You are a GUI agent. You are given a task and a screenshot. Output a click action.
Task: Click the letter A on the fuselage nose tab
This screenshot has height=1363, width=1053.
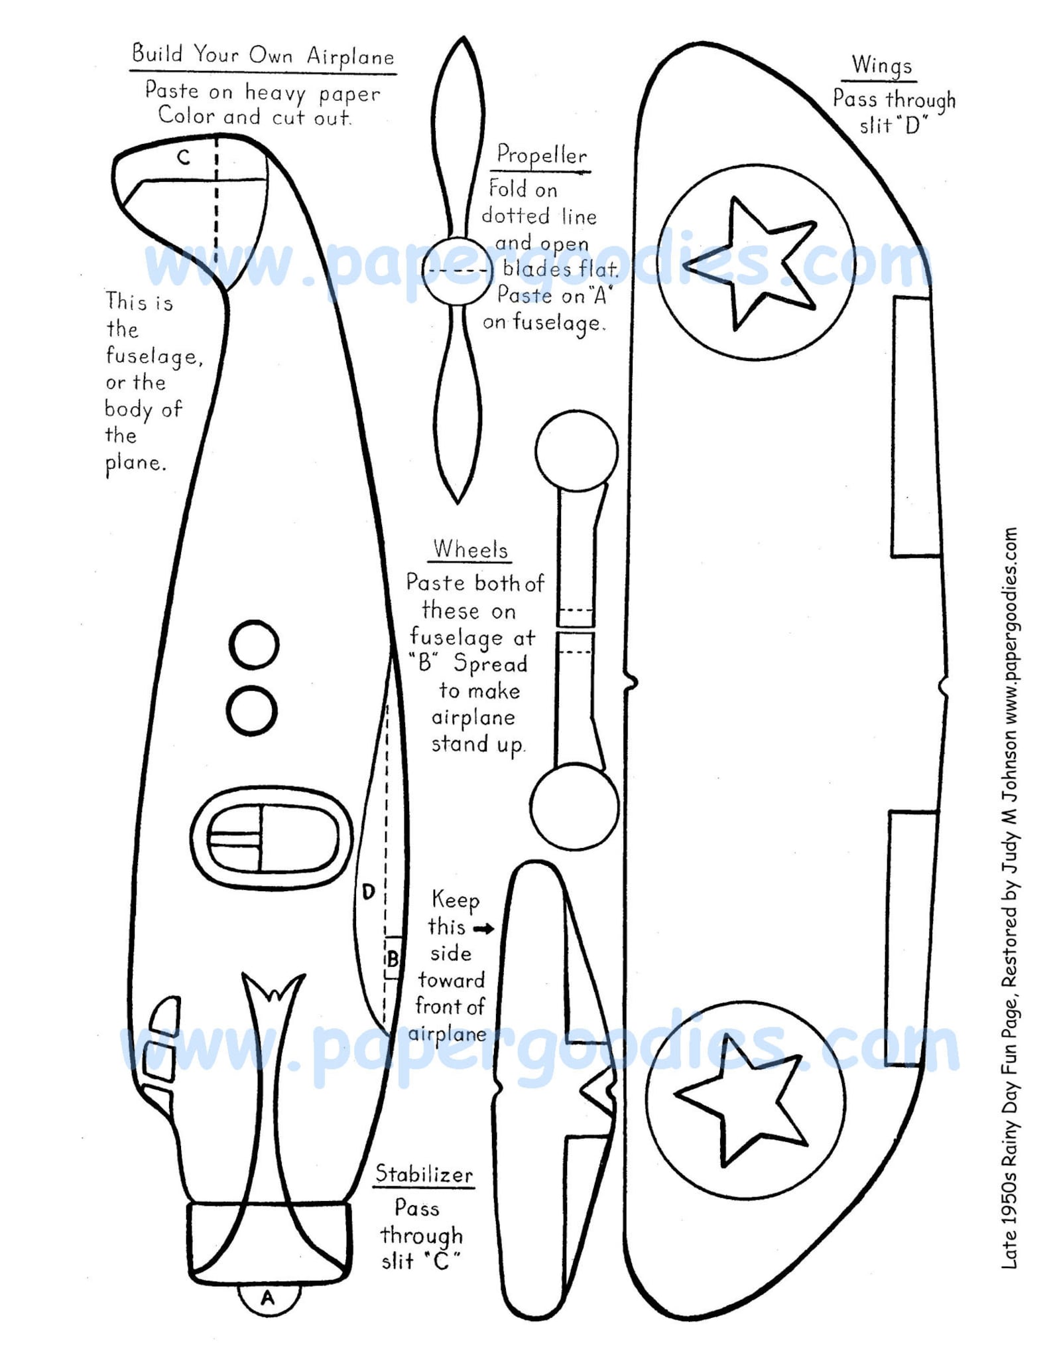268,1297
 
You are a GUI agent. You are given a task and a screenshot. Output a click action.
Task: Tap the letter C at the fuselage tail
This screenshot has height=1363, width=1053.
184,157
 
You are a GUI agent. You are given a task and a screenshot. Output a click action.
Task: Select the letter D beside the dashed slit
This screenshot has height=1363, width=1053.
369,891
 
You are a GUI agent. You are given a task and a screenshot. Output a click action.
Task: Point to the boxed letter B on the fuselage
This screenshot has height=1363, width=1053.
393,958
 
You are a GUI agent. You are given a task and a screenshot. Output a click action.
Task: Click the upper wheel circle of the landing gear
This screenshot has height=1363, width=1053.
576,451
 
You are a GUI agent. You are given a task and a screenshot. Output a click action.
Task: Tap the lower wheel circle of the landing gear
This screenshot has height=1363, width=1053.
574,806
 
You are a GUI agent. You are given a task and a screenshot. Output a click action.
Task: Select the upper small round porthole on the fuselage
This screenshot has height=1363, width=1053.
254,644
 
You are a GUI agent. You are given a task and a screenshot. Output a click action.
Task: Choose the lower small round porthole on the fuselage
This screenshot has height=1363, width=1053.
251,711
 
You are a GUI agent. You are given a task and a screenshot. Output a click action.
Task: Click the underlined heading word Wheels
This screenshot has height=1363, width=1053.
470,549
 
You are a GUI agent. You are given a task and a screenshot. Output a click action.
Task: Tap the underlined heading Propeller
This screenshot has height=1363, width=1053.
542,155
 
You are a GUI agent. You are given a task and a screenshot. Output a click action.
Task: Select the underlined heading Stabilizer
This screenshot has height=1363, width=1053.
424,1174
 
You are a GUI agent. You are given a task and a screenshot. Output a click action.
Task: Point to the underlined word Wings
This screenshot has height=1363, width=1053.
882,66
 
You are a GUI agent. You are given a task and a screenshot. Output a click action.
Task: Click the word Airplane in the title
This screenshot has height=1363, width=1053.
350,56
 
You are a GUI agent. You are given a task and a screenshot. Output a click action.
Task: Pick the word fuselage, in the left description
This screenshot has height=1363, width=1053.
154,356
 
